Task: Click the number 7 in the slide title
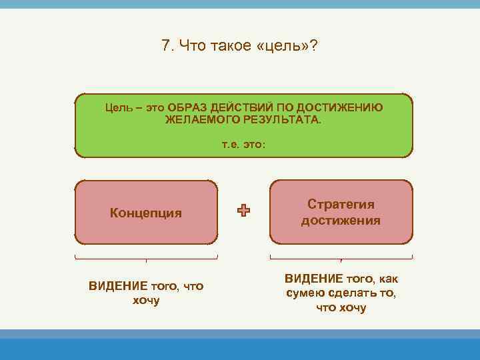165,46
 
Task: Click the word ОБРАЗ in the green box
187,107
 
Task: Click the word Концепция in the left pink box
146,213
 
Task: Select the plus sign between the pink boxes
243,211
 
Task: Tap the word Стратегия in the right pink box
341,205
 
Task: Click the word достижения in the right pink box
341,221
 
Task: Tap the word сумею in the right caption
305,293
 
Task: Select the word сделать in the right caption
354,293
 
